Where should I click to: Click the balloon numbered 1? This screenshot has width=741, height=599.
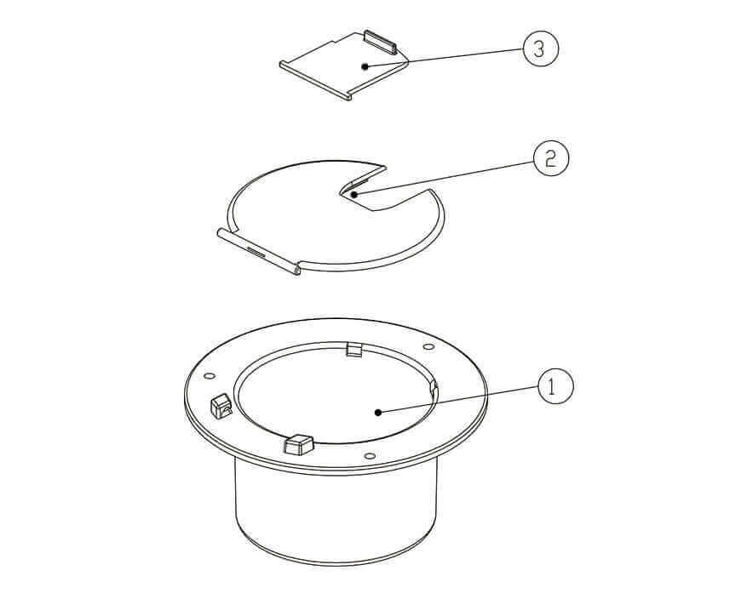pos(554,387)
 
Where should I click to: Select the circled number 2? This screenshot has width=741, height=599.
pos(550,159)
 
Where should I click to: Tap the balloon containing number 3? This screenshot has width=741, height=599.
pos(540,49)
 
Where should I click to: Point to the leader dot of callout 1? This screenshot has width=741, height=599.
pos(377,412)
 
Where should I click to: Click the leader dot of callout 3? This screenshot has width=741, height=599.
pos(364,66)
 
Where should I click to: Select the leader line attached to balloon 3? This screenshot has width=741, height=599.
pos(443,58)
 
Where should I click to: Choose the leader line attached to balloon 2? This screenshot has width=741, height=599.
pos(443,177)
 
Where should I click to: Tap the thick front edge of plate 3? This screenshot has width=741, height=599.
pos(314,81)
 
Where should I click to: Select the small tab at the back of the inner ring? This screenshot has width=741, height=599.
pos(356,349)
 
